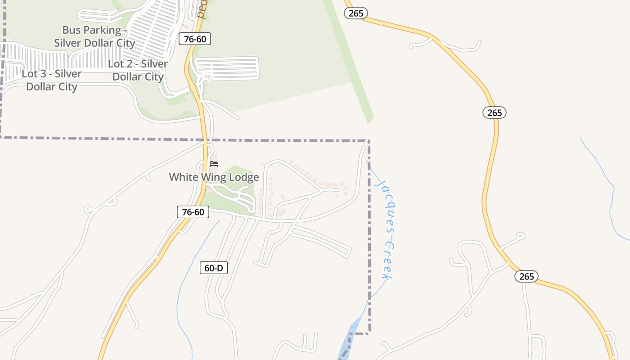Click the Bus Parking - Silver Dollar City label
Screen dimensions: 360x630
(94, 36)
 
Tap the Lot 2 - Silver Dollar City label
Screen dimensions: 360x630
(138, 70)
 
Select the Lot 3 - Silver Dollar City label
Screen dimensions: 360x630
(52, 80)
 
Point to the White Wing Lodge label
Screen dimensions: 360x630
(214, 177)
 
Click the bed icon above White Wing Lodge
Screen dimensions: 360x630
(214, 163)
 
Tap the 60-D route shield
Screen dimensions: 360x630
(214, 268)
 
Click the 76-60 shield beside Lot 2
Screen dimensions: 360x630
(195, 39)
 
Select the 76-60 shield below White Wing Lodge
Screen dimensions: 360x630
(193, 212)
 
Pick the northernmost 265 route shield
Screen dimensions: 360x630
(356, 13)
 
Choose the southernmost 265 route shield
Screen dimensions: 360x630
(526, 276)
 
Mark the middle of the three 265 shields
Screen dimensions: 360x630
(495, 112)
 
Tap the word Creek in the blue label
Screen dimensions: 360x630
(386, 261)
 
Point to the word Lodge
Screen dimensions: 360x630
(243, 177)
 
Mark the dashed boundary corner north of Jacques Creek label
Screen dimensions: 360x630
(369, 141)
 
